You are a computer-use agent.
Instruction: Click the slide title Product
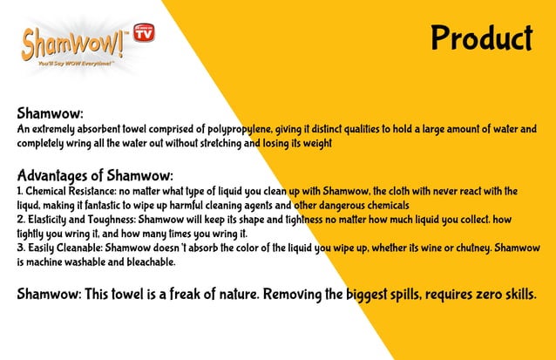click(x=480, y=38)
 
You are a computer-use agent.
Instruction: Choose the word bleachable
click(x=147, y=262)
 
